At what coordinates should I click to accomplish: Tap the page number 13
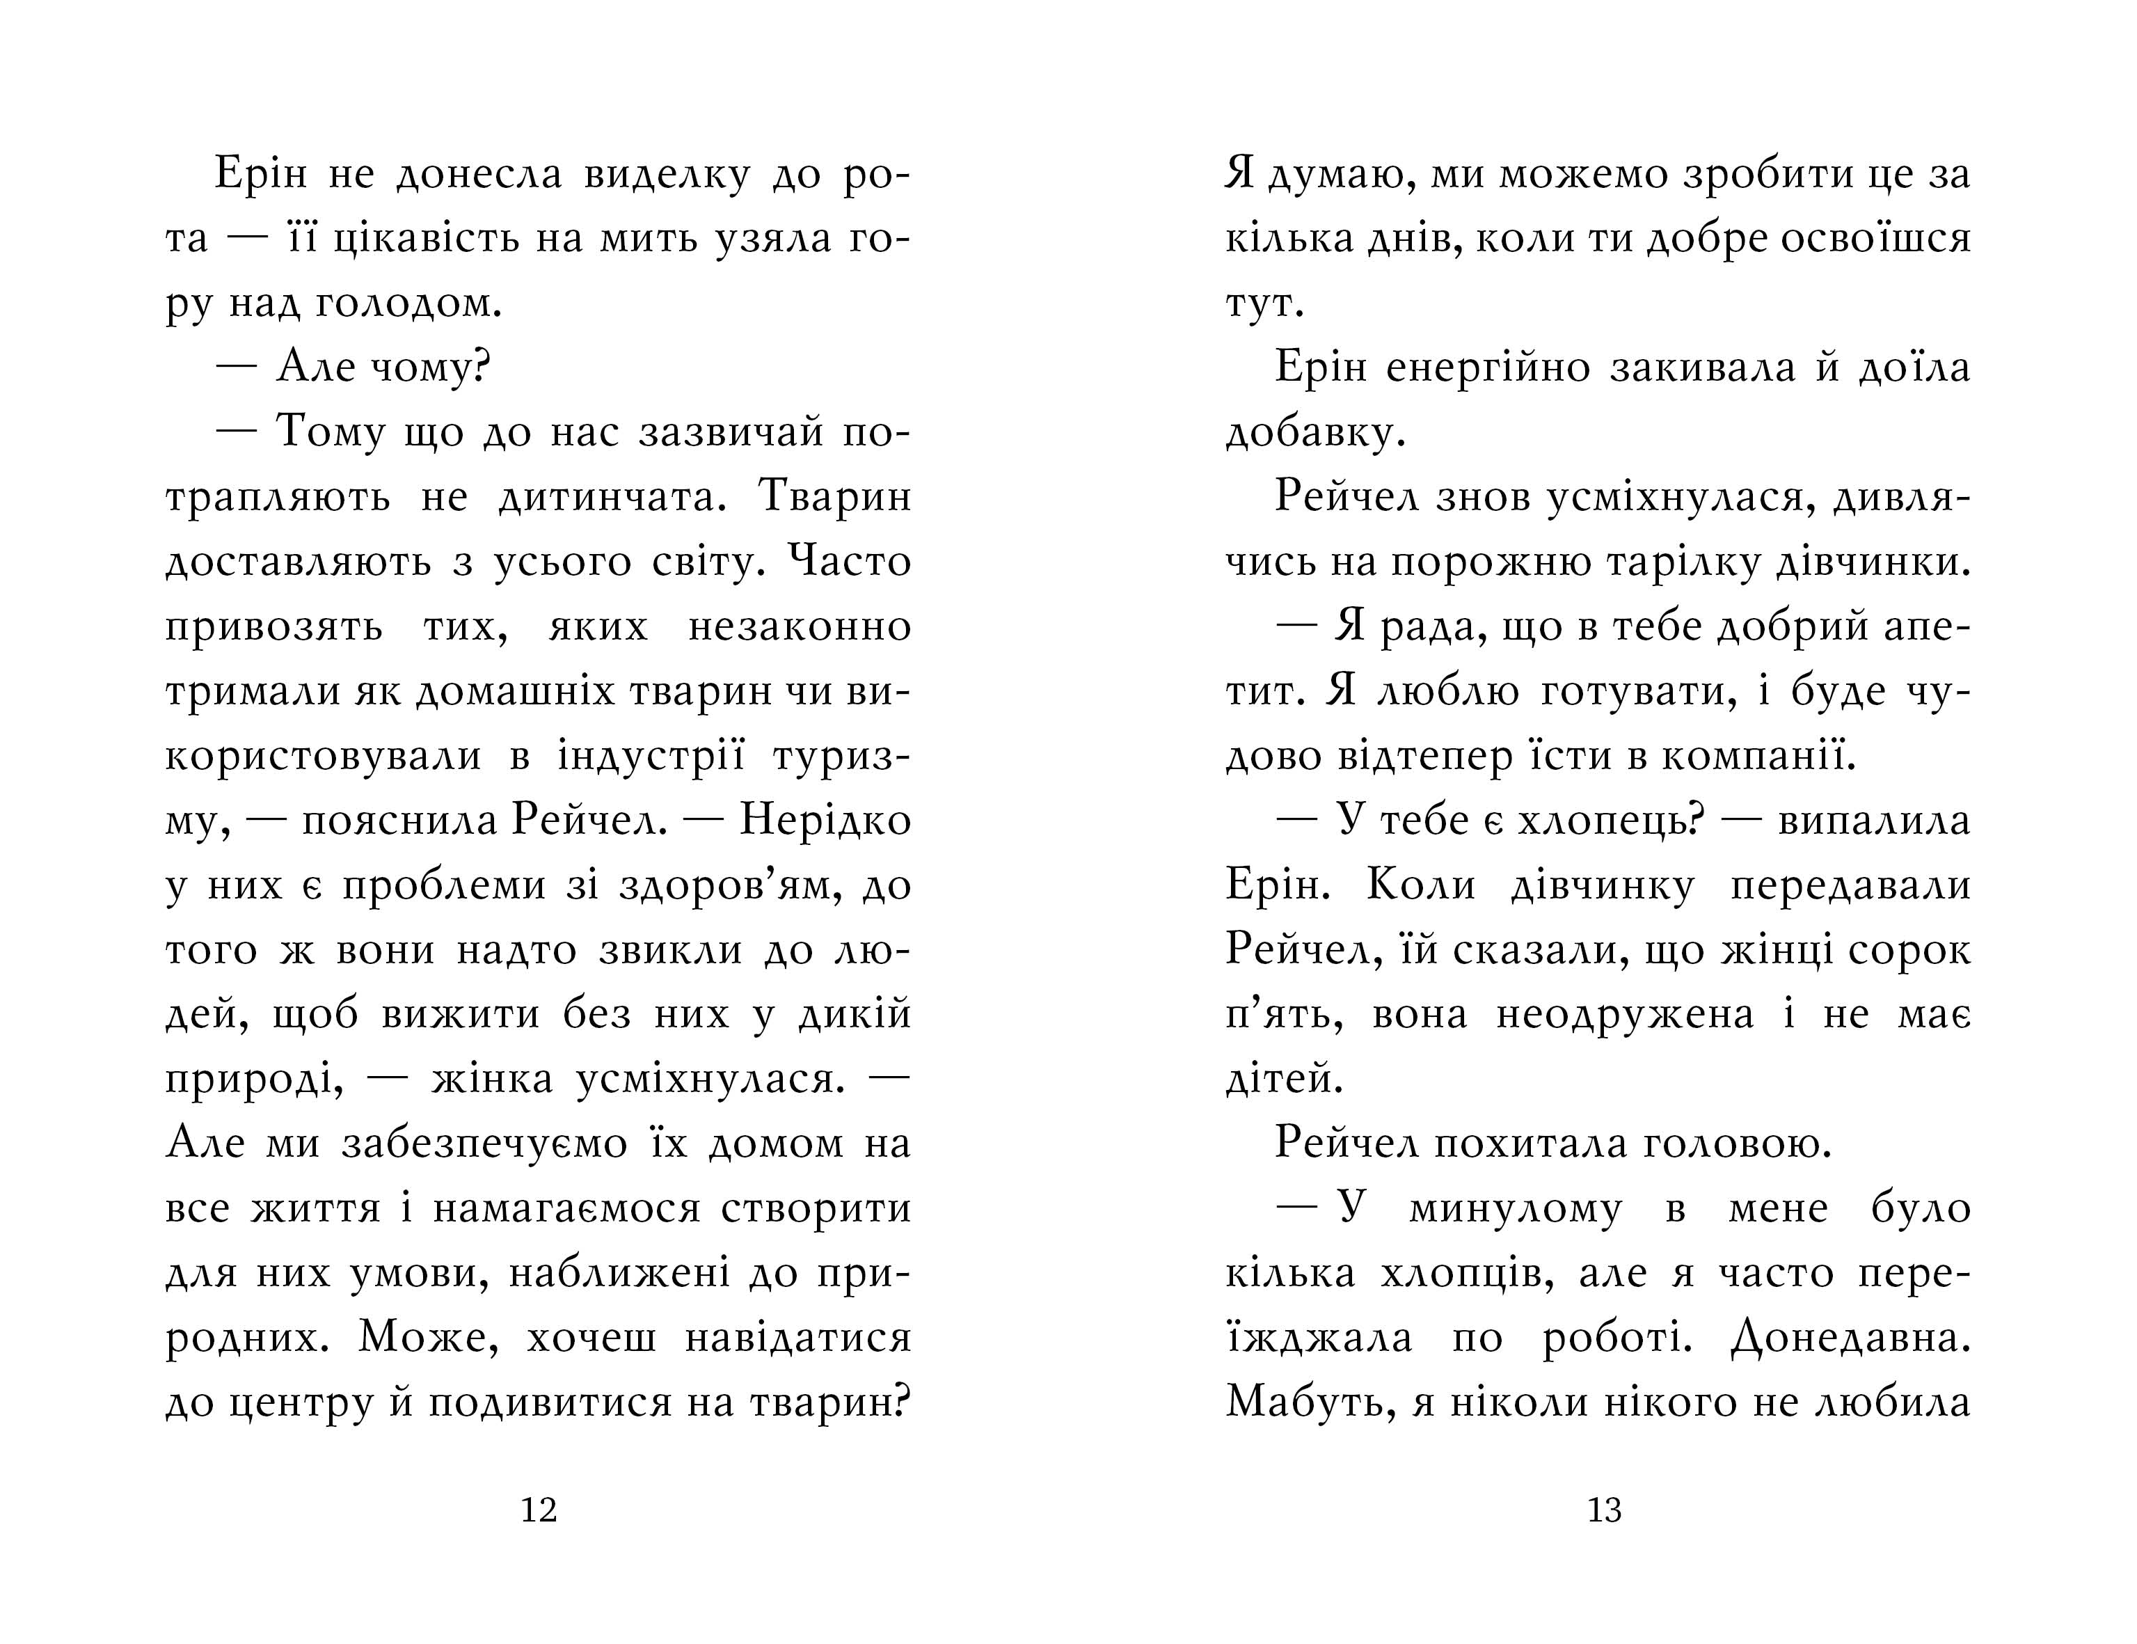[x=1604, y=1510]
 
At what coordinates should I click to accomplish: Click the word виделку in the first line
[x=667, y=174]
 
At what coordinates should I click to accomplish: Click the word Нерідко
[x=825, y=820]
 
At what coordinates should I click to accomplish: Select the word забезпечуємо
[x=484, y=1143]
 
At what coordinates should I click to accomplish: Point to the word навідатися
[x=798, y=1337]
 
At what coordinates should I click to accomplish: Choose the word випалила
[x=1874, y=820]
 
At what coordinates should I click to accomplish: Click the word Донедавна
[x=1850, y=1337]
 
